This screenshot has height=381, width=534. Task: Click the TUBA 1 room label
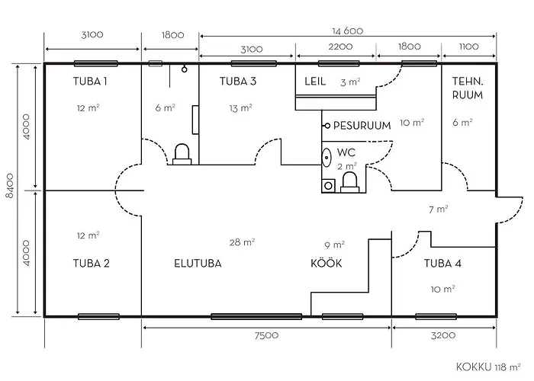click(90, 82)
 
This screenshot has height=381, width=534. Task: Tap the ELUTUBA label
click(198, 264)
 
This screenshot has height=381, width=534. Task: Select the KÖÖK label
click(327, 263)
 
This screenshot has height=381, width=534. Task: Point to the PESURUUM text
click(362, 126)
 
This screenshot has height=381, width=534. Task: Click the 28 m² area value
click(242, 242)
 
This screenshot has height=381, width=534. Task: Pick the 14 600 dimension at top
click(348, 31)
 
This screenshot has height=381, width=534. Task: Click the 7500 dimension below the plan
click(266, 336)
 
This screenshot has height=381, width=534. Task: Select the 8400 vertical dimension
click(10, 186)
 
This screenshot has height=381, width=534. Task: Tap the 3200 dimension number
click(443, 336)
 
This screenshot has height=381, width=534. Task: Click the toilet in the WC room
click(349, 183)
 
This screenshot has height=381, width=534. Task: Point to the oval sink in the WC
click(327, 158)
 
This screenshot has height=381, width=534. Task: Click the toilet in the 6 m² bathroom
click(182, 155)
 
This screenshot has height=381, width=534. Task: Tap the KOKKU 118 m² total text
click(488, 367)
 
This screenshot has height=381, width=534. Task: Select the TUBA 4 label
click(442, 264)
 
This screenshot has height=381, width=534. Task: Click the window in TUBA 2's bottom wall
click(98, 317)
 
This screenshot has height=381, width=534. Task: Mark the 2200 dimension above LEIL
click(340, 46)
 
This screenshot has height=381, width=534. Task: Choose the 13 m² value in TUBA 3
click(240, 108)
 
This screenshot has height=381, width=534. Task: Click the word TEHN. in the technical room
click(467, 82)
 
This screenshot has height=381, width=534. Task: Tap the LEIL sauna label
click(315, 82)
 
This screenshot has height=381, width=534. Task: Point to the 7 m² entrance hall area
click(439, 209)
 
